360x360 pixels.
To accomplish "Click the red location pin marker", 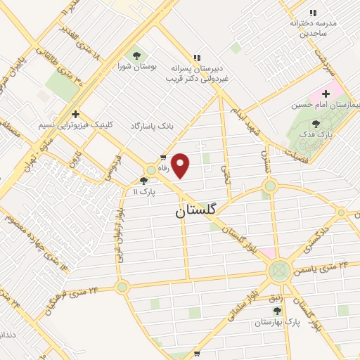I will [x=181, y=165].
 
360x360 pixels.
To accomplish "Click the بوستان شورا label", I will [x=137, y=67].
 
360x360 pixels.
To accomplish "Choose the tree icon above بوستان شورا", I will [x=136, y=56].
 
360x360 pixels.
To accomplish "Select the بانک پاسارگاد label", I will [x=151, y=126].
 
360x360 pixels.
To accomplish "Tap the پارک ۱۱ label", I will [x=143, y=191].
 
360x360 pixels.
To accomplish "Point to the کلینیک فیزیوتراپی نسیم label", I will [x=75, y=126].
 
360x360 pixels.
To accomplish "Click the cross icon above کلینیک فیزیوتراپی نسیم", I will [x=75, y=113].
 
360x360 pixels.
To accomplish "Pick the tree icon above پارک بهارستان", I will [x=277, y=310].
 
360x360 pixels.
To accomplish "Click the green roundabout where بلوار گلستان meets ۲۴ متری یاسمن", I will [x=280, y=269].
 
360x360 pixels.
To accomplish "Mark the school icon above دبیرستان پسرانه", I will [x=197, y=58].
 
